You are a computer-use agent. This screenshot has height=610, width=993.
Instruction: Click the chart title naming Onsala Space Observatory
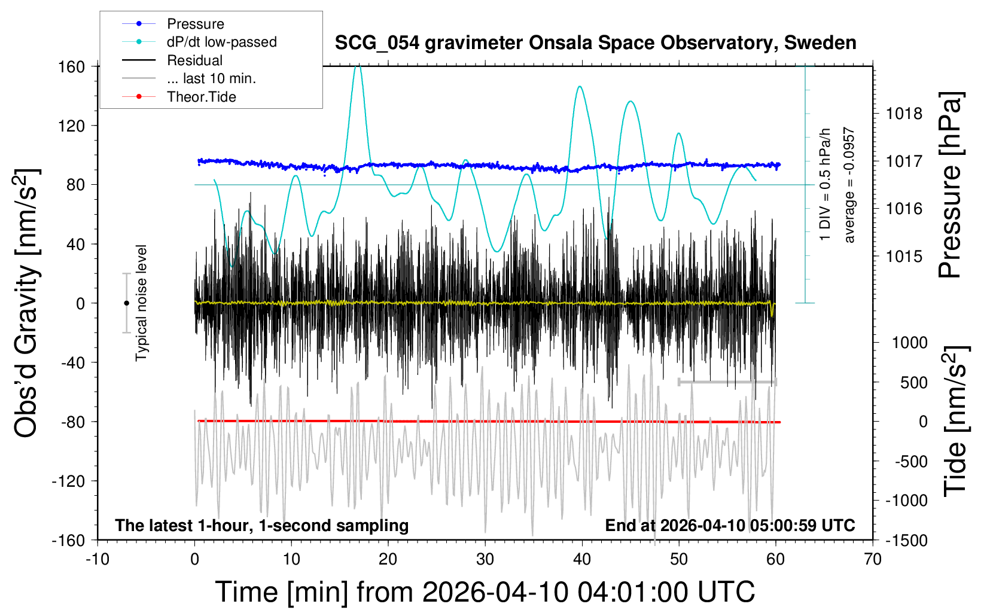pos(595,43)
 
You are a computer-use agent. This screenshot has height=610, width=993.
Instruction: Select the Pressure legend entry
pos(195,24)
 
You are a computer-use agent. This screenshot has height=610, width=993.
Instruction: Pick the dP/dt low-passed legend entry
pos(221,42)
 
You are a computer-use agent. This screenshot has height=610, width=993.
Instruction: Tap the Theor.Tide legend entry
pos(201,97)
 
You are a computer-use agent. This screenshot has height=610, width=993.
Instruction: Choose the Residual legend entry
pos(194,60)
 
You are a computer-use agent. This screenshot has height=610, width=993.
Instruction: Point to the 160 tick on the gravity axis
pos(71,66)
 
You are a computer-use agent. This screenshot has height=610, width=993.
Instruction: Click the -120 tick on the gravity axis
pos(68,481)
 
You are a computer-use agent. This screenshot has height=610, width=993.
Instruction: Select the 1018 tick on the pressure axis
pos(904,114)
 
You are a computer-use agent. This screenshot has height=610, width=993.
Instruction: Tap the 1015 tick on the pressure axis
pos(904,257)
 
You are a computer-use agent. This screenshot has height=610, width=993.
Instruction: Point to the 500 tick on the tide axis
pos(913,383)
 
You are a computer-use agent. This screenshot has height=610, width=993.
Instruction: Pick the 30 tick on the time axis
pos(485,559)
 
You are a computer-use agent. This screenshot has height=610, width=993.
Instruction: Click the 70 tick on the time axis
pos(873,559)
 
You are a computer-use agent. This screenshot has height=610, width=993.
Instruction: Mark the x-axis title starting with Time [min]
pos(485,591)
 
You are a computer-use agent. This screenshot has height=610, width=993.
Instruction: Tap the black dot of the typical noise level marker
pos(126,303)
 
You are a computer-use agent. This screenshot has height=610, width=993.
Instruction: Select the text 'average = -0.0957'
pos(849,185)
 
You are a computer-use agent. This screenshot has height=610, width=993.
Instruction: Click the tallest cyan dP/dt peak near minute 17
pos(358,67)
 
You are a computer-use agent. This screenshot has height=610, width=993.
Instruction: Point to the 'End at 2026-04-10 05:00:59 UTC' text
pos(730,525)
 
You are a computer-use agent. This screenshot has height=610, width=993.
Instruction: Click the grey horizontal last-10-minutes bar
pos(727,382)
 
